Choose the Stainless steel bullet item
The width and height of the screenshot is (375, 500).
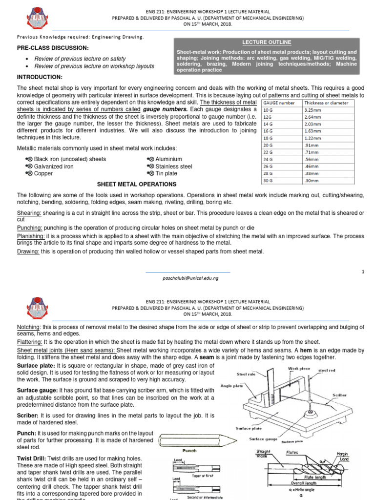[173, 166]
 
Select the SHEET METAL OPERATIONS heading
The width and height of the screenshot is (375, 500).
[137, 184]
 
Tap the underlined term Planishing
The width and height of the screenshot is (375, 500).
[30, 235]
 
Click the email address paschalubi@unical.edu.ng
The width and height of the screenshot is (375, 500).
[190, 277]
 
